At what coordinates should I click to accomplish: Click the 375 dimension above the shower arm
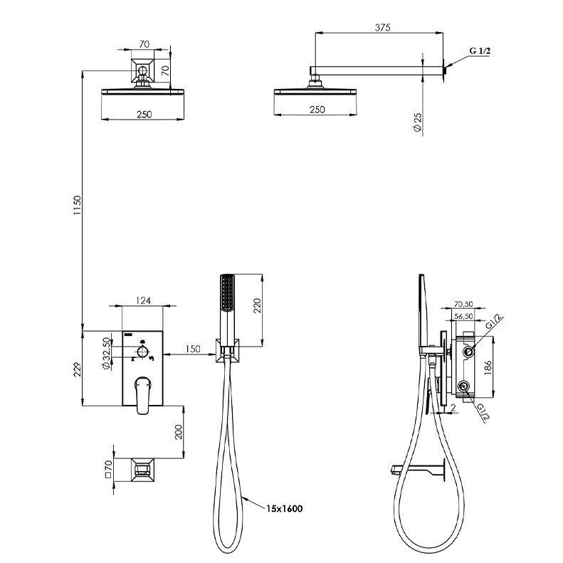[x=382, y=27]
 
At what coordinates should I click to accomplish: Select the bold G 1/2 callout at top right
[x=480, y=51]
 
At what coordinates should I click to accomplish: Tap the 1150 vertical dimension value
[x=77, y=206]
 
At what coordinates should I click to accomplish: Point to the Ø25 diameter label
[x=417, y=122]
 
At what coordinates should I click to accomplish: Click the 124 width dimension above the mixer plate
[x=143, y=300]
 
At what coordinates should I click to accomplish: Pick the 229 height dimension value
[x=77, y=369]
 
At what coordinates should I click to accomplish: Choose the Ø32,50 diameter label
[x=106, y=353]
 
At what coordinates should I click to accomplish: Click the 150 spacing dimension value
[x=193, y=349]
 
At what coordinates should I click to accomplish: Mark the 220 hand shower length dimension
[x=257, y=305]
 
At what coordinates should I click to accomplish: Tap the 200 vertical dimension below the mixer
[x=179, y=432]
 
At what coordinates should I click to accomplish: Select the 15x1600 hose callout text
[x=285, y=508]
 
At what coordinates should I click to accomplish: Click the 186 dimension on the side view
[x=488, y=368]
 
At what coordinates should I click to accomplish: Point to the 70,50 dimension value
[x=463, y=304]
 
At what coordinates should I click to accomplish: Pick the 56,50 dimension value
[x=463, y=316]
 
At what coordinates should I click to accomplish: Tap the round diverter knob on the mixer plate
[x=143, y=351]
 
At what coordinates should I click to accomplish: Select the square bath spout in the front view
[x=142, y=470]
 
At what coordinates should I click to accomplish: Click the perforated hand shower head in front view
[x=227, y=293]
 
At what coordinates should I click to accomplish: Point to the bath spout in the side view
[x=418, y=469]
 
